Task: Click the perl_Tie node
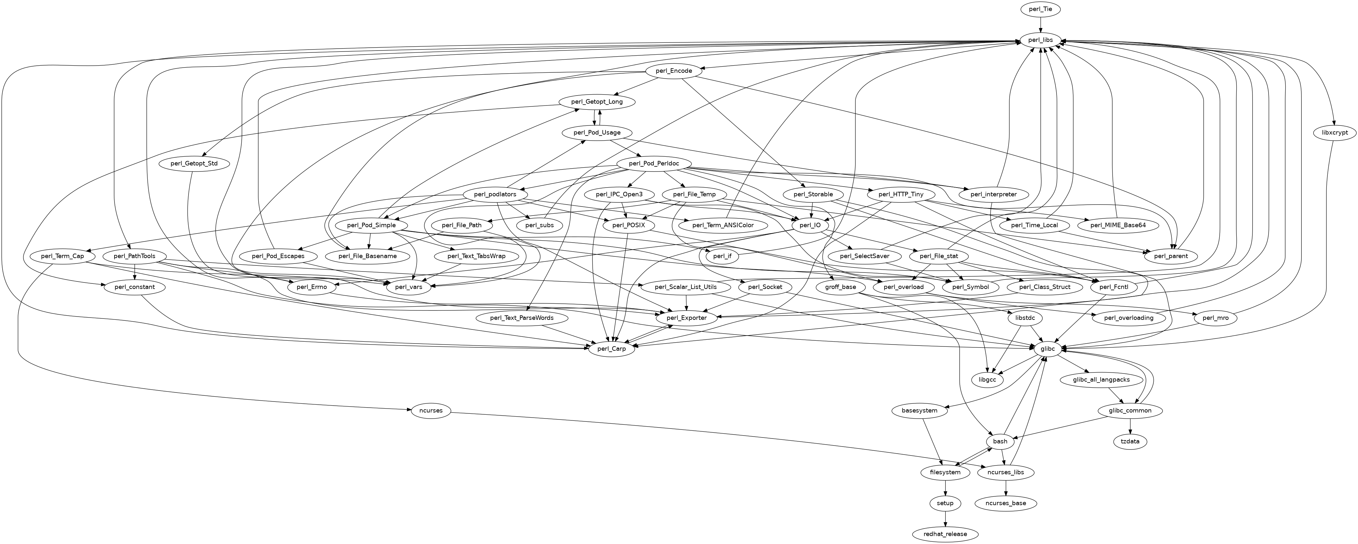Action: pos(1040,9)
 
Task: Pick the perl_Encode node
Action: pos(674,71)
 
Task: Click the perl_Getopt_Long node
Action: pos(597,102)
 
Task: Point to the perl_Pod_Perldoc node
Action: pos(653,163)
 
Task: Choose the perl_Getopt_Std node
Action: pos(193,163)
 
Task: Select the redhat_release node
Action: pos(945,534)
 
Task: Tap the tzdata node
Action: pos(1130,441)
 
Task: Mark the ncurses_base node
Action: pos(1006,503)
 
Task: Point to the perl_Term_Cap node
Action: pos(62,256)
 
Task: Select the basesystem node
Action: pos(919,410)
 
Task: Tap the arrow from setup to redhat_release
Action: pos(945,518)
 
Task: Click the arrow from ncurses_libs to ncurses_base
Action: pos(1006,488)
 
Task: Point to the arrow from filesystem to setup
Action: pos(945,488)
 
